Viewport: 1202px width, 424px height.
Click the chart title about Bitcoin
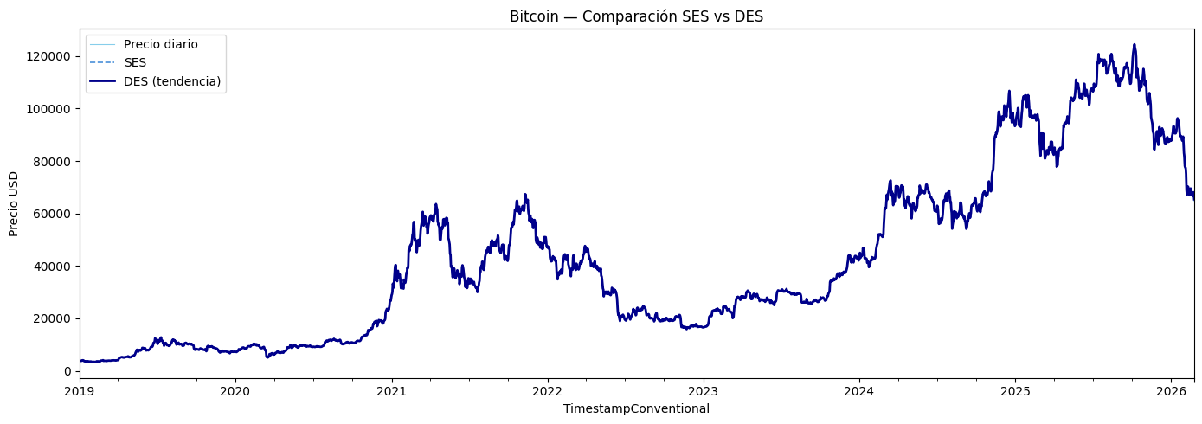point(636,16)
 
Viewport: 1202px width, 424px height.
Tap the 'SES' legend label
point(135,63)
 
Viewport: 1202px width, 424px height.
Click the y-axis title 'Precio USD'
point(14,204)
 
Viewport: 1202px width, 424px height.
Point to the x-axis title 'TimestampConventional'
point(636,409)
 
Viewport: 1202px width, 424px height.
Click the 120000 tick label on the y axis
point(48,57)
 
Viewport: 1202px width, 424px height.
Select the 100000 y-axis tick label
point(48,109)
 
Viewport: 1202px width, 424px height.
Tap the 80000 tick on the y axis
point(53,162)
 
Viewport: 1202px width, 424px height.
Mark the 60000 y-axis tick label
point(53,214)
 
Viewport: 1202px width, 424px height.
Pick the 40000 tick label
point(53,267)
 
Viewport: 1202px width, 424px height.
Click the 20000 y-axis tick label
point(53,318)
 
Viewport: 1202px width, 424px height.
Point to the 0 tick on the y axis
point(68,371)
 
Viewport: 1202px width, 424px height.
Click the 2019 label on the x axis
point(80,392)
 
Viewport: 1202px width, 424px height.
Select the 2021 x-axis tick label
point(392,392)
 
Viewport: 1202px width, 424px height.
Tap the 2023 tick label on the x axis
point(703,392)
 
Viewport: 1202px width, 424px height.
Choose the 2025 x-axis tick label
point(1015,392)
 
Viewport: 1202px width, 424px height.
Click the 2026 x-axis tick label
point(1171,392)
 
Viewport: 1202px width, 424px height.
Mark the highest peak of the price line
point(1134,44)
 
